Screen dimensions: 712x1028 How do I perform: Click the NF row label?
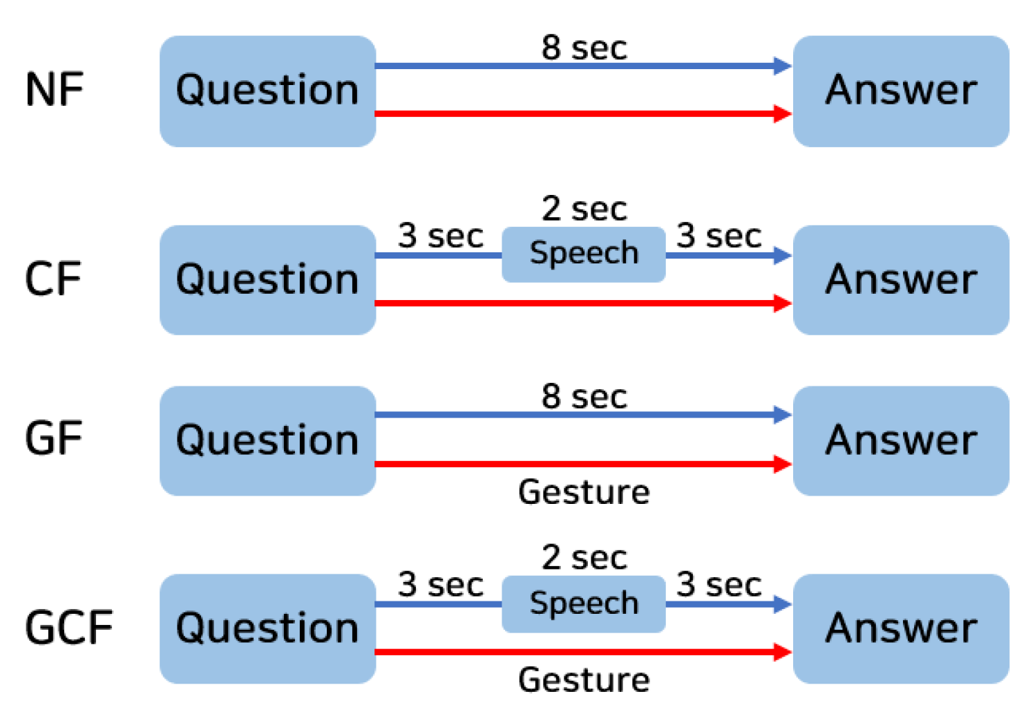point(54,90)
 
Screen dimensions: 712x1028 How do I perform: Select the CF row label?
point(53,279)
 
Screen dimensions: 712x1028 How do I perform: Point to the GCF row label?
point(68,628)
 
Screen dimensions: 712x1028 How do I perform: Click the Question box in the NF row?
point(267,91)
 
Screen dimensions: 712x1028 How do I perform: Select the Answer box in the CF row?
point(901,280)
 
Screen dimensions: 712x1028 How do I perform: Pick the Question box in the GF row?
point(267,440)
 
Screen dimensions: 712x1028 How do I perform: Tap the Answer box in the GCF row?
point(901,628)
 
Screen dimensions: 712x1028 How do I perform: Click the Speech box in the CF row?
point(584,254)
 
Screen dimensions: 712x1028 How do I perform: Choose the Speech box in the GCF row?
point(584,603)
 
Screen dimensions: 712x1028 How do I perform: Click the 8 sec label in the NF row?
point(584,48)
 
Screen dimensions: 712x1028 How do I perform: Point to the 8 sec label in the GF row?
point(584,397)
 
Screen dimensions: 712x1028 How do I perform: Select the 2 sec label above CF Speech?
point(584,208)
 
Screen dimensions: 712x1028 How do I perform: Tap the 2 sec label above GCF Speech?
point(584,557)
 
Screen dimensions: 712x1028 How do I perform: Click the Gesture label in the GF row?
point(584,492)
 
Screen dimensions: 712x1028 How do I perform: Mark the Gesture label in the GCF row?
point(584,680)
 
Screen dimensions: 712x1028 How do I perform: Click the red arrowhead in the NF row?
point(782,113)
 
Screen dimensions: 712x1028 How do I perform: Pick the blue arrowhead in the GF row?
point(782,415)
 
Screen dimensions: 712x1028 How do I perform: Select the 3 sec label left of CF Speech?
point(440,236)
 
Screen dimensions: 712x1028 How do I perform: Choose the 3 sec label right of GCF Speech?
point(718,584)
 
